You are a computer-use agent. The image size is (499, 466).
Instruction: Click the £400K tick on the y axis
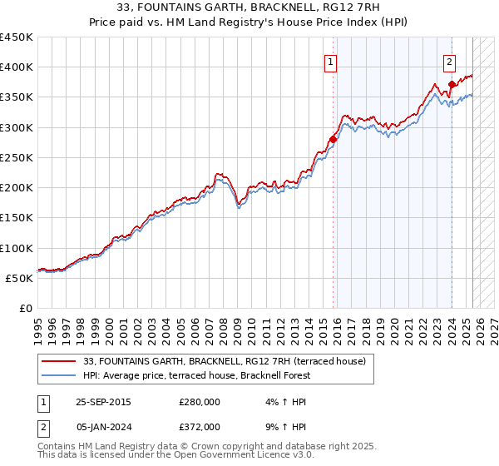point(16,67)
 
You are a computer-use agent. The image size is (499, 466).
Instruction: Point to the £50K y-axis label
point(19,278)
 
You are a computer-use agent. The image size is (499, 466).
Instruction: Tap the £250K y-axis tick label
point(16,157)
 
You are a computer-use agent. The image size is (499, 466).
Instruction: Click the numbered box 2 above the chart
point(449,61)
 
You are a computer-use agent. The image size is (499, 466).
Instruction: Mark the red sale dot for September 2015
point(333,139)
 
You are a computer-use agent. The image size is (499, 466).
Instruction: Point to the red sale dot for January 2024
point(451,84)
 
